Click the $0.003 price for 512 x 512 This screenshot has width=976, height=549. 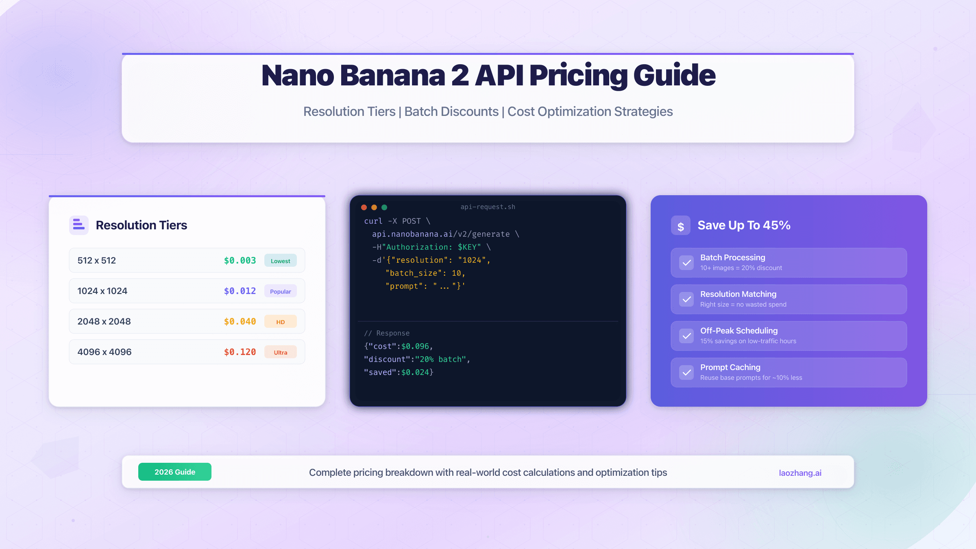pyautogui.click(x=240, y=261)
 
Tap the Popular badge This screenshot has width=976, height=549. pyautogui.click(x=280, y=291)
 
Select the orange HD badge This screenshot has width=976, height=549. pyautogui.click(x=280, y=322)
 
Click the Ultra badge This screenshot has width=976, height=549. pyautogui.click(x=280, y=352)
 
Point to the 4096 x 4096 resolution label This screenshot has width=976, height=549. pyautogui.click(x=105, y=352)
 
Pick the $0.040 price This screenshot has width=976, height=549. pyautogui.click(x=240, y=322)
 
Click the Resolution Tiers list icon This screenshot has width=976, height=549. pyautogui.click(x=79, y=225)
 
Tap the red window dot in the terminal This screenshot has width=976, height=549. pyautogui.click(x=364, y=207)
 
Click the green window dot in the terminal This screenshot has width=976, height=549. pyautogui.click(x=384, y=207)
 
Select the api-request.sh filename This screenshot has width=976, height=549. pyautogui.click(x=488, y=207)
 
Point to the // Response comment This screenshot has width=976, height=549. pyautogui.click(x=387, y=333)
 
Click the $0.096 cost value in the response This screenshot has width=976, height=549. pyautogui.click(x=415, y=346)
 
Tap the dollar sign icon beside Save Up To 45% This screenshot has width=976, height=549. pyautogui.click(x=681, y=226)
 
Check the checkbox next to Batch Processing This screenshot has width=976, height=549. pyautogui.click(x=686, y=263)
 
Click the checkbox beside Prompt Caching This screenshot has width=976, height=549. pyautogui.click(x=686, y=373)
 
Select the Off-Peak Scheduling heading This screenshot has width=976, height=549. pyautogui.click(x=739, y=331)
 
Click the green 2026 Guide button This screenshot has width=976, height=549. pyautogui.click(x=175, y=472)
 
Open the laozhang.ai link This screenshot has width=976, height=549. pyautogui.click(x=800, y=473)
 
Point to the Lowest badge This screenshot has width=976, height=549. pyautogui.click(x=280, y=261)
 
